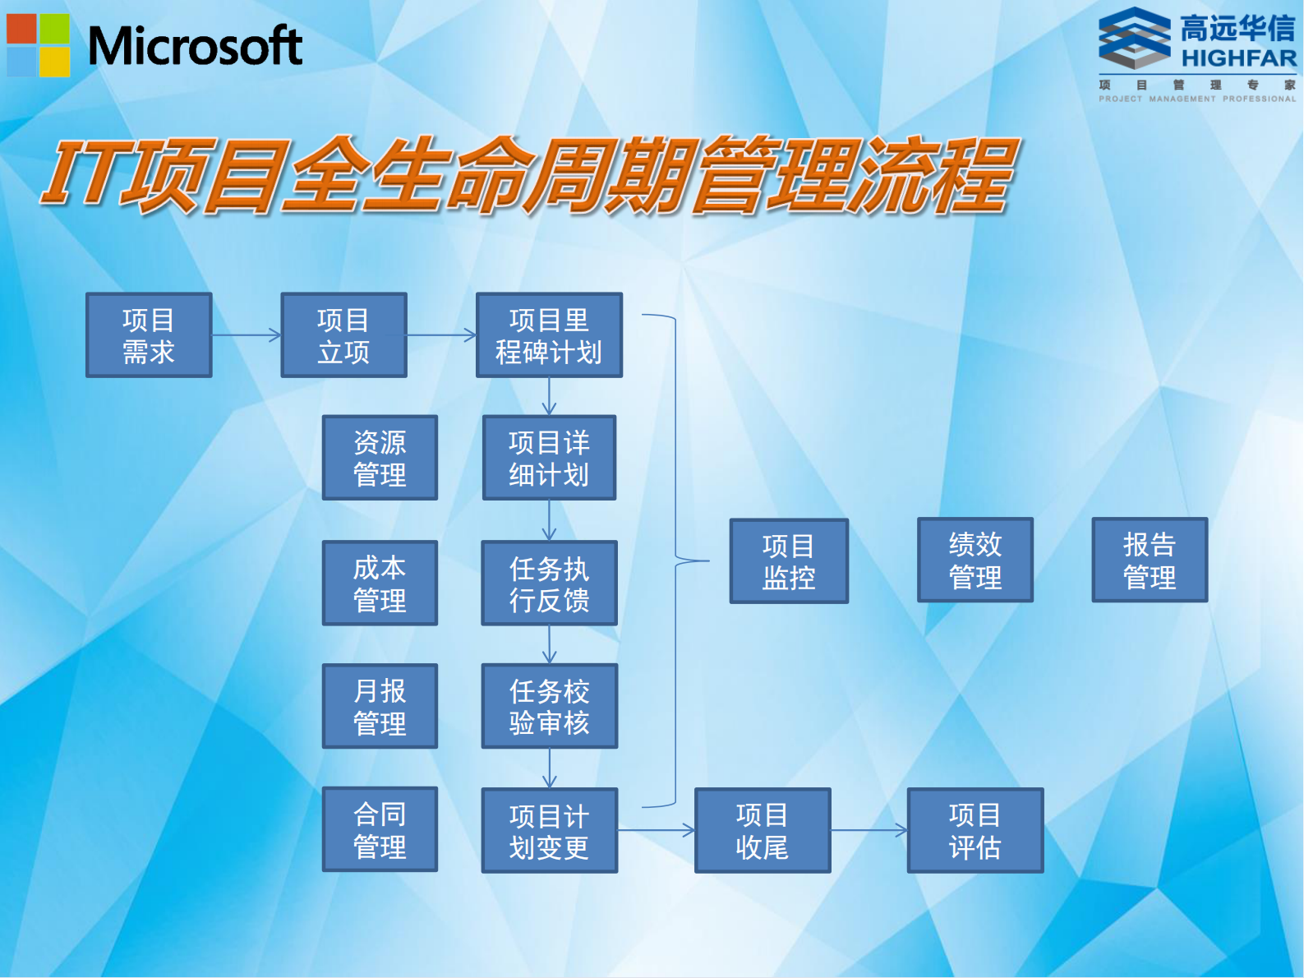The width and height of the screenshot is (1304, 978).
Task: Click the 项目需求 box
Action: pyautogui.click(x=149, y=335)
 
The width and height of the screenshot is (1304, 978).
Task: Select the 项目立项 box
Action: pyautogui.click(x=343, y=335)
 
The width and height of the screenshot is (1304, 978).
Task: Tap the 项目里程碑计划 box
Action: pyautogui.click(x=549, y=335)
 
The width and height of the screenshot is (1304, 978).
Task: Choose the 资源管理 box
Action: pyautogui.click(x=380, y=458)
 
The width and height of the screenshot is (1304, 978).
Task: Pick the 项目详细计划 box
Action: pyautogui.click(x=549, y=458)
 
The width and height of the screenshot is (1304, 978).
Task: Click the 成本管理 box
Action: pyautogui.click(x=380, y=583)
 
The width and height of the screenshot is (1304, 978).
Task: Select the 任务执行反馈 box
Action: pyautogui.click(x=549, y=583)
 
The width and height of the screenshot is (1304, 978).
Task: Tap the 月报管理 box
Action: pyautogui.click(x=380, y=706)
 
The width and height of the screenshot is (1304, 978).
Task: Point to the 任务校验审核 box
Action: pyautogui.click(x=549, y=706)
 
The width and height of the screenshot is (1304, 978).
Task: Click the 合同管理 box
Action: pyautogui.click(x=380, y=829)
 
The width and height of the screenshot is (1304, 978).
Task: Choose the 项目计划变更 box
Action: pyautogui.click(x=549, y=830)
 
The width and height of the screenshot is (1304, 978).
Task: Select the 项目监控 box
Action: pyautogui.click(x=789, y=561)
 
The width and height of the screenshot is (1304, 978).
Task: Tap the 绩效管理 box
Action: pyautogui.click(x=975, y=560)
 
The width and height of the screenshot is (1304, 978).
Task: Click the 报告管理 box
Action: pyautogui.click(x=1150, y=560)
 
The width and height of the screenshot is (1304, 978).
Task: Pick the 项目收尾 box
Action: pyautogui.click(x=763, y=830)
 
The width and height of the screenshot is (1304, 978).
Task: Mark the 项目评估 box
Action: pyautogui.click(x=975, y=830)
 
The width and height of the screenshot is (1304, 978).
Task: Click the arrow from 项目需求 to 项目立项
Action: pyautogui.click(x=247, y=335)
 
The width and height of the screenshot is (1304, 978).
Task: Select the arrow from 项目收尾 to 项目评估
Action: pyautogui.click(x=869, y=831)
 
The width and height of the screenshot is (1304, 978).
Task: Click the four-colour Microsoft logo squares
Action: pyautogui.click(x=39, y=45)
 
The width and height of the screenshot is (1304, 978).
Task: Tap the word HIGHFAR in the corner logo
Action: pyautogui.click(x=1238, y=58)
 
